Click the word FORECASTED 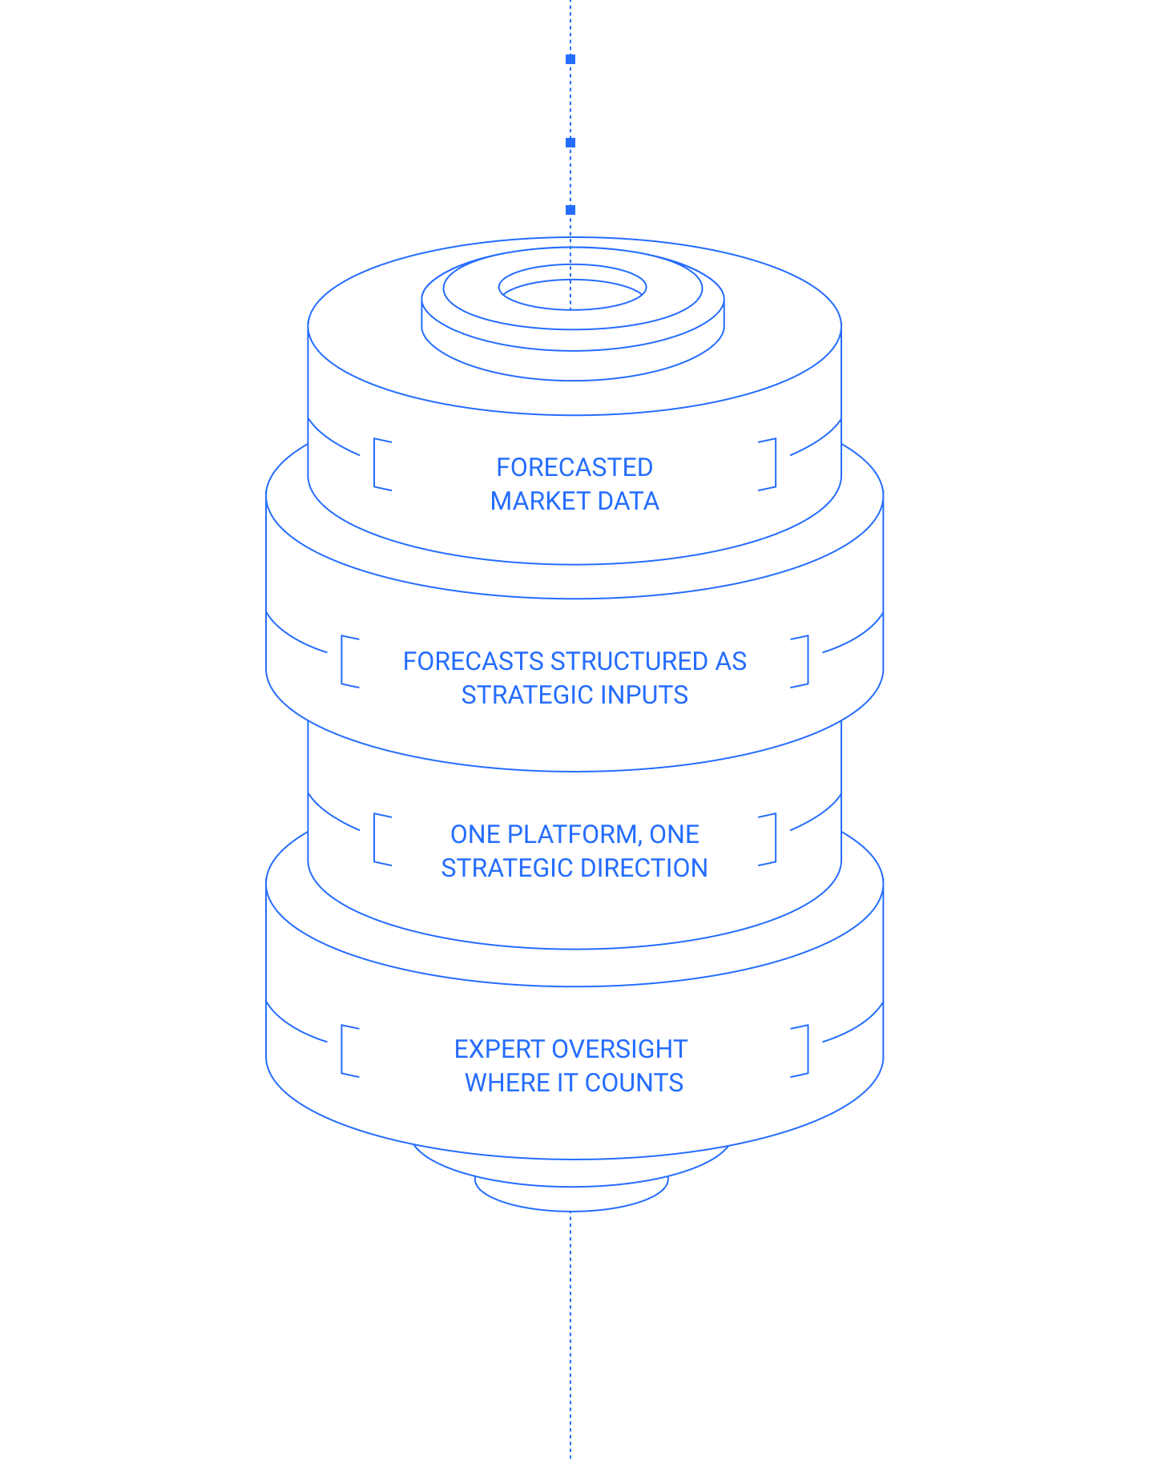pos(574,467)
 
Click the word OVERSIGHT pos(619,1049)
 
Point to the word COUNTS pos(634,1083)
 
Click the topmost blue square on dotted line pos(570,59)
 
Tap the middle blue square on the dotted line pos(570,143)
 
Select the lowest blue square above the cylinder pos(570,210)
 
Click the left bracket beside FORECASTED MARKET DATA pos(375,464)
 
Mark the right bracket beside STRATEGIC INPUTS pos(807,661)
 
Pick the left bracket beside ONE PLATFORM pos(375,839)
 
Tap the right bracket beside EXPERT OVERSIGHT pos(807,1051)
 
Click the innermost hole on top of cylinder pos(572,280)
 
